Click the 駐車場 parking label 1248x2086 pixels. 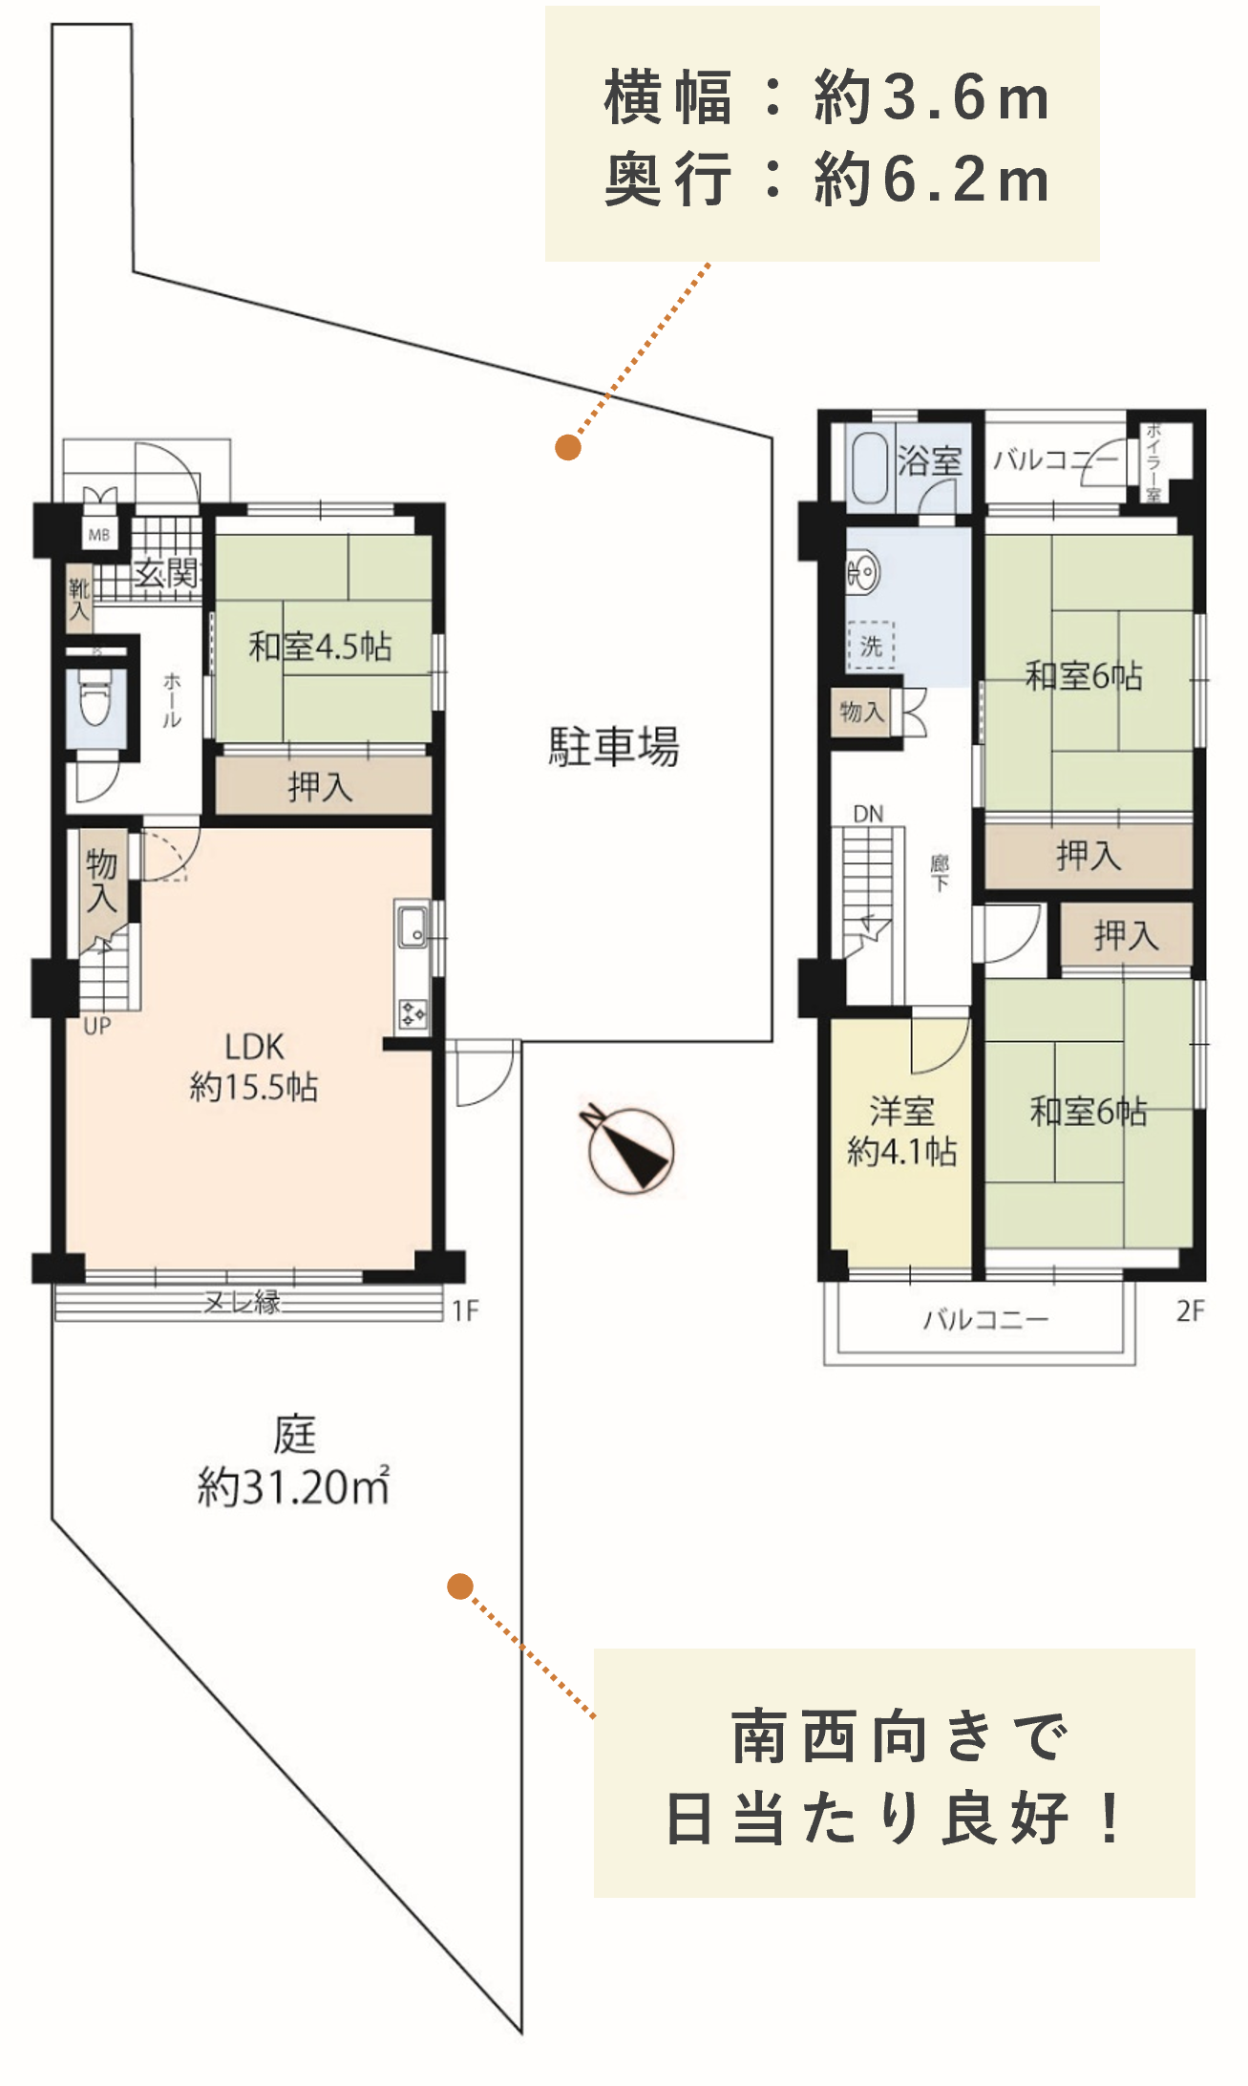point(613,746)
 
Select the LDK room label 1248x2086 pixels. point(254,1048)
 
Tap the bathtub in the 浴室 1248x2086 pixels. point(869,468)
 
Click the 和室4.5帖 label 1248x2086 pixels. point(320,647)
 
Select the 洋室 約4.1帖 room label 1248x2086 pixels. point(901,1131)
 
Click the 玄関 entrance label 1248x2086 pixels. point(165,573)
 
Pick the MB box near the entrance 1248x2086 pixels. point(99,536)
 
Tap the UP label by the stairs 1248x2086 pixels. point(97,1027)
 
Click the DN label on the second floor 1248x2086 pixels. point(868,814)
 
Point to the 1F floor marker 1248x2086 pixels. point(465,1310)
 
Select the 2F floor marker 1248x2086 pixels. point(1190,1310)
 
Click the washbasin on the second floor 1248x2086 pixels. point(862,573)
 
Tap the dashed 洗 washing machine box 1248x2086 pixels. point(871,646)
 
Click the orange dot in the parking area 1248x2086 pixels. point(568,447)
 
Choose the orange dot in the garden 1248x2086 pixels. point(460,1586)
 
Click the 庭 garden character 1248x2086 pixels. point(294,1434)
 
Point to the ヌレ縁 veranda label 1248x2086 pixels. point(243,1302)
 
